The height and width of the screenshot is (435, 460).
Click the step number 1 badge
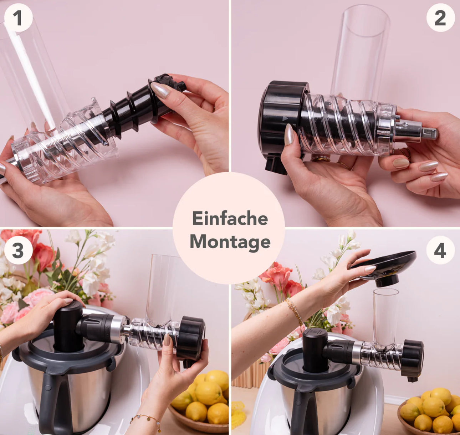18,18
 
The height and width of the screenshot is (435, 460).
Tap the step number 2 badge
440,18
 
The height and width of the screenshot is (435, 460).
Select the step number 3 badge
18,250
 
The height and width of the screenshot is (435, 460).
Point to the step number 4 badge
440,250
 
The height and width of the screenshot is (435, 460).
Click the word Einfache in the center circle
230,218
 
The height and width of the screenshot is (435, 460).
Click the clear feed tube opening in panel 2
366,21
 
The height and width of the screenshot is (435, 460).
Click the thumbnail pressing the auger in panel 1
160,90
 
